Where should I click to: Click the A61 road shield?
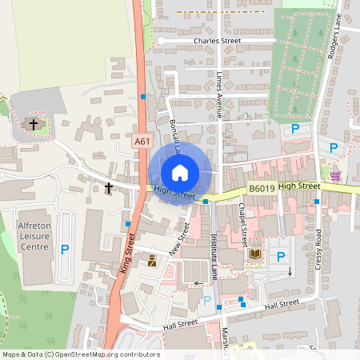click(x=142, y=142)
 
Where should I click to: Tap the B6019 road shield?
click(x=262, y=189)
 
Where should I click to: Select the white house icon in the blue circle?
click(x=180, y=172)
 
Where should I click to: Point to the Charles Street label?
click(x=217, y=40)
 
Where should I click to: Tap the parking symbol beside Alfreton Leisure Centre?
click(x=66, y=249)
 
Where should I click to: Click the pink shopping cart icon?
click(x=335, y=174)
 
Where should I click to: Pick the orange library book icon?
click(x=255, y=254)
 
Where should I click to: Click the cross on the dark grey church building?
click(x=33, y=124)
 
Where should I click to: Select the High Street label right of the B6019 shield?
click(x=300, y=186)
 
